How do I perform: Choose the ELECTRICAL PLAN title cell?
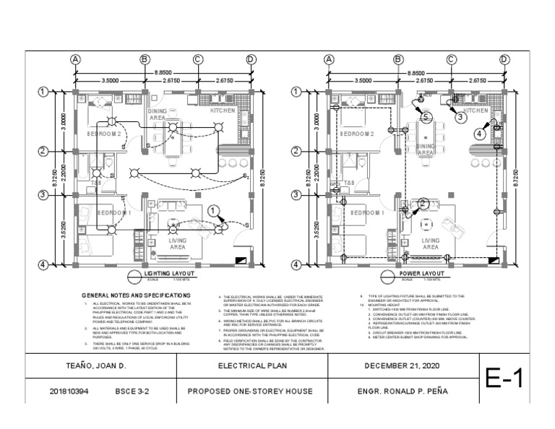(x=249, y=366)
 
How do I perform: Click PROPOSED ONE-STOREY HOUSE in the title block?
(x=249, y=392)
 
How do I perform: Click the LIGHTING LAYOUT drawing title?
(x=170, y=274)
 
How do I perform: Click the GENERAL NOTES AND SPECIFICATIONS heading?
(x=136, y=295)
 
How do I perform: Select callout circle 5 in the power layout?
(x=426, y=116)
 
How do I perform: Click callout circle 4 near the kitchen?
(x=480, y=133)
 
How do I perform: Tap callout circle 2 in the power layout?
(x=422, y=204)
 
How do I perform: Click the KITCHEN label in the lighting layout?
(x=223, y=111)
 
